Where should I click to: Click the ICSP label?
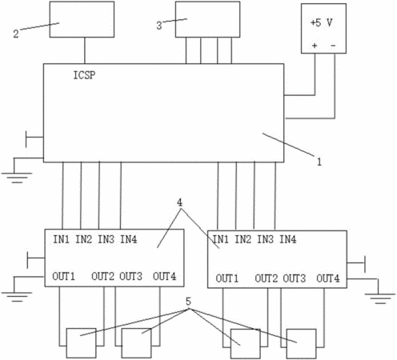pos(84,75)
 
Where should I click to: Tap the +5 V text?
pos(322,22)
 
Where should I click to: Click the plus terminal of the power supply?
pos(315,46)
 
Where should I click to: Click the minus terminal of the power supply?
pos(333,46)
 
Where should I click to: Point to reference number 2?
pos(16,34)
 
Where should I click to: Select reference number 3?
pos(159,26)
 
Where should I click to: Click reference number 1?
pos(319,162)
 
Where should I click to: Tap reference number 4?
pos(180,202)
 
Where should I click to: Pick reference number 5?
pos(188,302)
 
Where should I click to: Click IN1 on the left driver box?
pos(62,239)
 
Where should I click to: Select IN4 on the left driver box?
pos(129,239)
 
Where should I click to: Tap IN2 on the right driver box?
pos(243,239)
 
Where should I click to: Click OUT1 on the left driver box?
pos(63,276)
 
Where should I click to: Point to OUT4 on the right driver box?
pos(328,278)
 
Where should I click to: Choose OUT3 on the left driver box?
pos(130,276)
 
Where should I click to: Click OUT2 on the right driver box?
pos(267,278)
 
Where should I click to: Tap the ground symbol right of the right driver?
pos(380,298)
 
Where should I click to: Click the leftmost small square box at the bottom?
pos(81,343)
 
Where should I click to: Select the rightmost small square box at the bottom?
pos(302,344)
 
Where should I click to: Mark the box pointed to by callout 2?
pos(82,19)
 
